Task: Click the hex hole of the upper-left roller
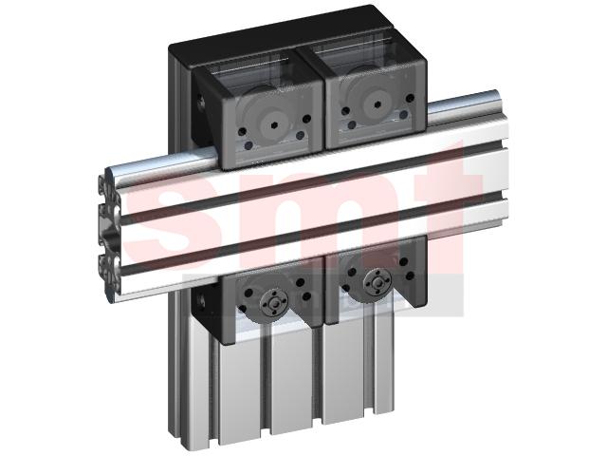[272, 124]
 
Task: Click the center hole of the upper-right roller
[377, 104]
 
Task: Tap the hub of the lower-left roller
[274, 304]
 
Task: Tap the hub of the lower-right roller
[377, 281]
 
